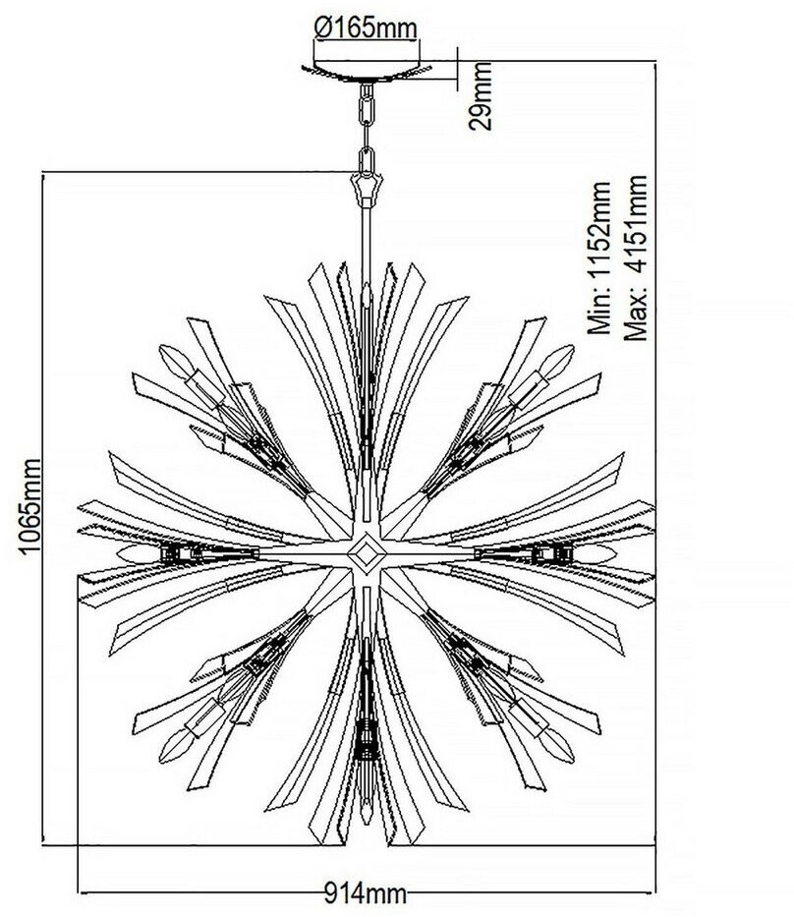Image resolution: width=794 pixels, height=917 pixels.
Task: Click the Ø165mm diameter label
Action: pyautogui.click(x=366, y=28)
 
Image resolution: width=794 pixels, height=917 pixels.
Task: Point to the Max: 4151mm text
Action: pyautogui.click(x=637, y=258)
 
